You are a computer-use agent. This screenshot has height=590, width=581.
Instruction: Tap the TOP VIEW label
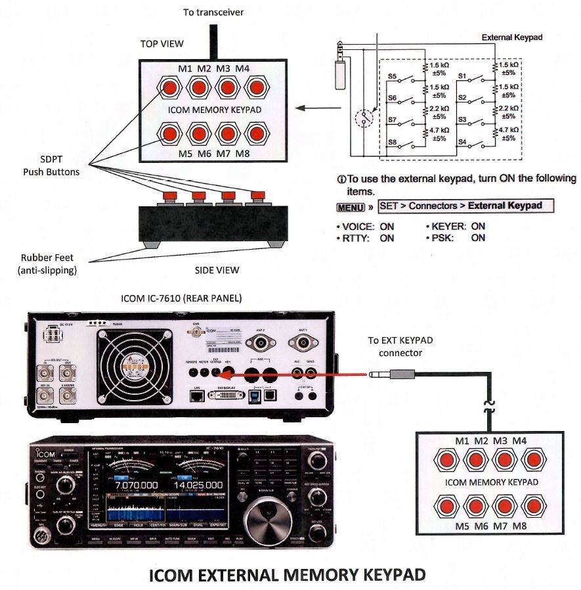[x=161, y=44]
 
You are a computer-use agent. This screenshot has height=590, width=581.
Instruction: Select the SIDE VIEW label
[x=217, y=270]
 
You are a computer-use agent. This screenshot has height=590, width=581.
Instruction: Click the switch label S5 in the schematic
[x=393, y=76]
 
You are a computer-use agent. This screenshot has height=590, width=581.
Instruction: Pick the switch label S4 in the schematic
[x=462, y=142]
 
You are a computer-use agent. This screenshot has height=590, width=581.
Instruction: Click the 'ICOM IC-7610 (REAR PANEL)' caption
[x=181, y=298]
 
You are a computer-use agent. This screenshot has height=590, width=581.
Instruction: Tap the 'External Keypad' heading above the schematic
[x=512, y=37]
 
